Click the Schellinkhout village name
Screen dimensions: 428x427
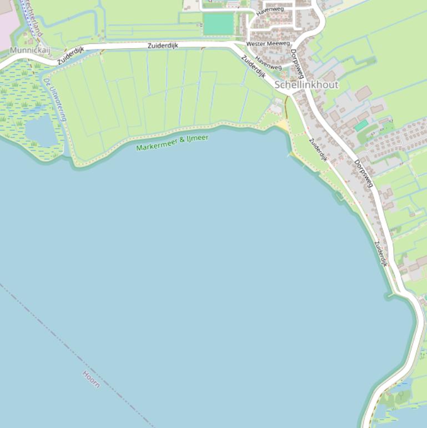(306, 84)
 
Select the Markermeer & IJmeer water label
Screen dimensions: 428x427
(172, 142)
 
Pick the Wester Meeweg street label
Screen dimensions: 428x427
(268, 43)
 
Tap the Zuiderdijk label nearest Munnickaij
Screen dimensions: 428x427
(70, 56)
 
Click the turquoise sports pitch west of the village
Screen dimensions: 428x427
(218, 24)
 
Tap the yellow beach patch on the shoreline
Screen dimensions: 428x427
(283, 125)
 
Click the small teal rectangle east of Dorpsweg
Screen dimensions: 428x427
(361, 126)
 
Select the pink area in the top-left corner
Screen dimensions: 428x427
(8, 22)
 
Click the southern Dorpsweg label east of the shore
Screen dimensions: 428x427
(363, 173)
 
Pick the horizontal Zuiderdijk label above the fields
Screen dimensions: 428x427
(163, 46)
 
